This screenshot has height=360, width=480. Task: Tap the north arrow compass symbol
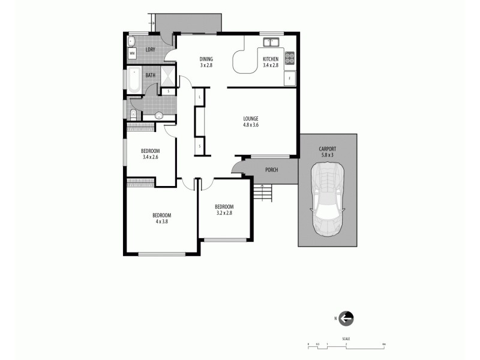coord(346,318)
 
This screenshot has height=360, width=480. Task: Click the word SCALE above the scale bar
coord(347,339)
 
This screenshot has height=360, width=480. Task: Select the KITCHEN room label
coord(271,58)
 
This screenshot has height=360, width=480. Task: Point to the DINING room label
coord(207,58)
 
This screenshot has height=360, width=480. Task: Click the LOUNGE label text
coord(250,118)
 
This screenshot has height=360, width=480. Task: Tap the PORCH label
coord(272,170)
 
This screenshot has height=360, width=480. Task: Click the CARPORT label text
coord(328,149)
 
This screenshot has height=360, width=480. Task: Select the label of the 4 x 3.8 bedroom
coord(161,215)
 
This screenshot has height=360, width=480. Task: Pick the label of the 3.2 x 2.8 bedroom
coord(224,207)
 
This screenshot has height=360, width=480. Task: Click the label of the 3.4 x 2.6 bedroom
coord(150,151)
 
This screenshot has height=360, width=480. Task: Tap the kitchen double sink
coord(272,42)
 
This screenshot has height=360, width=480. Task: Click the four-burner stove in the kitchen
coord(290,58)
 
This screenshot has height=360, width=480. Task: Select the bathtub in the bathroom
coord(134,81)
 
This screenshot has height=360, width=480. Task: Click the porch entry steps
coord(262,193)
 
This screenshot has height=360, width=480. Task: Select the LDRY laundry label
coord(150,49)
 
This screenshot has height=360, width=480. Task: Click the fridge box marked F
coord(290,79)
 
